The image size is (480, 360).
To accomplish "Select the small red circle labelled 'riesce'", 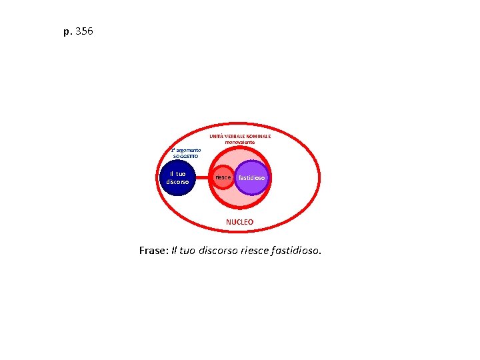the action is [x=223, y=178].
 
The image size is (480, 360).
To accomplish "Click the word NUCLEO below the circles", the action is [x=239, y=221].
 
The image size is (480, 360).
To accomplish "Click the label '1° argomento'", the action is [x=185, y=150].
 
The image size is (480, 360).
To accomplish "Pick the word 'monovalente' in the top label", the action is [x=239, y=142].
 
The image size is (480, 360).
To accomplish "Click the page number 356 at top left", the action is [x=85, y=31].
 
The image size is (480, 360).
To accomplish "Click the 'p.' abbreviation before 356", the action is [x=67, y=32].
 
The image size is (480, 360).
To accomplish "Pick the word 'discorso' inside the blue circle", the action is [x=179, y=182].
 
